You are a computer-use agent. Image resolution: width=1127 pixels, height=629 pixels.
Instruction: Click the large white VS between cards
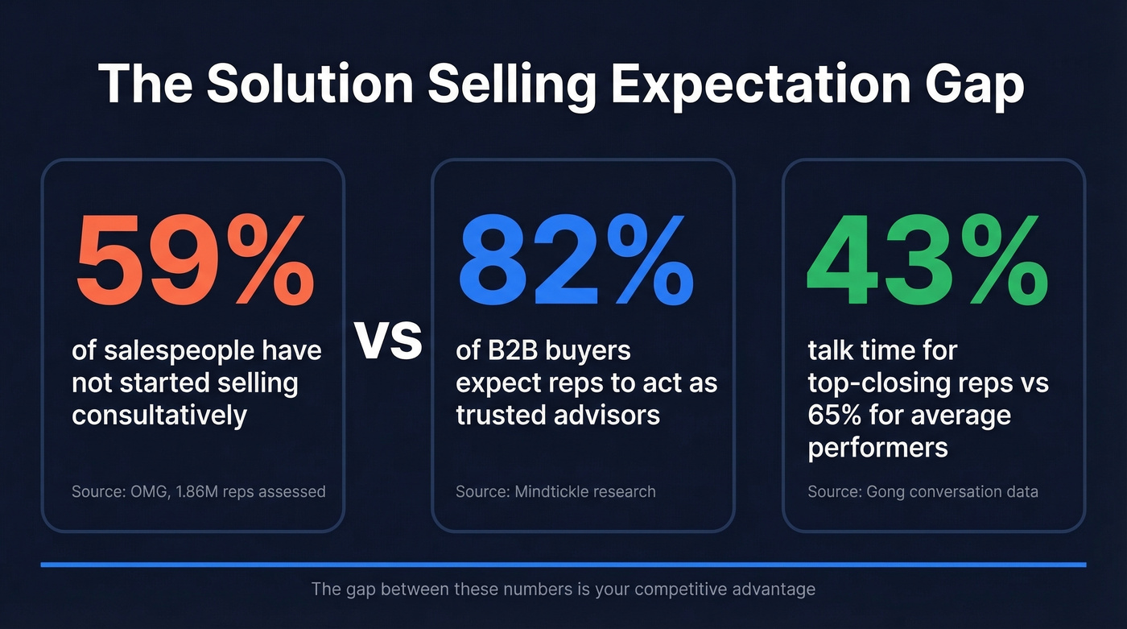click(x=389, y=341)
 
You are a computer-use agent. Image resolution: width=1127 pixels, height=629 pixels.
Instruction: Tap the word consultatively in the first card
click(x=159, y=415)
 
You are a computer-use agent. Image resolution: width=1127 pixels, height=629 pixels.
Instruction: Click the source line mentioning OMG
click(x=198, y=490)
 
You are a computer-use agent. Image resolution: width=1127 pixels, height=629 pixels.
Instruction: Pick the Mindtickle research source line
click(x=555, y=490)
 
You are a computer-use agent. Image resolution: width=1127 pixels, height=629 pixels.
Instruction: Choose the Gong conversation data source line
click(x=923, y=490)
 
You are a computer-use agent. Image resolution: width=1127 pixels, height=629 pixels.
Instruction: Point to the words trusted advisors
click(x=558, y=415)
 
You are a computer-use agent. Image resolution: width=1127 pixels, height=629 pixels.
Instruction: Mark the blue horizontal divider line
click(x=563, y=565)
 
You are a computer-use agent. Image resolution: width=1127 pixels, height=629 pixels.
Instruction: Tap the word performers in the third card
click(x=877, y=447)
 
